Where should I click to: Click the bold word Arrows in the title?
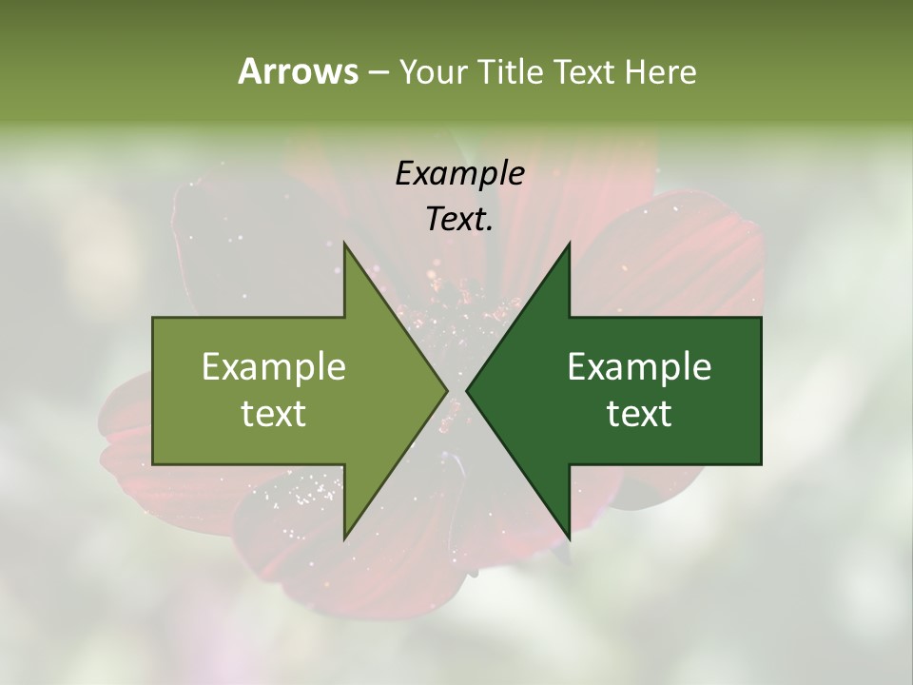point(298,71)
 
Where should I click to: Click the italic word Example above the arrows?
point(459,173)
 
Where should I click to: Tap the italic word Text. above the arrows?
point(459,219)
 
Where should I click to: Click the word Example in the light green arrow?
point(274,366)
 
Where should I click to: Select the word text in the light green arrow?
point(274,413)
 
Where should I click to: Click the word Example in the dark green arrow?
point(639,366)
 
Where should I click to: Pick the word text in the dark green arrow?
point(639,413)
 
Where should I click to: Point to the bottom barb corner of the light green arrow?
point(344,537)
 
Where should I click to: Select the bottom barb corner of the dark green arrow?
point(569,537)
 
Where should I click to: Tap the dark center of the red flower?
point(456,314)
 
